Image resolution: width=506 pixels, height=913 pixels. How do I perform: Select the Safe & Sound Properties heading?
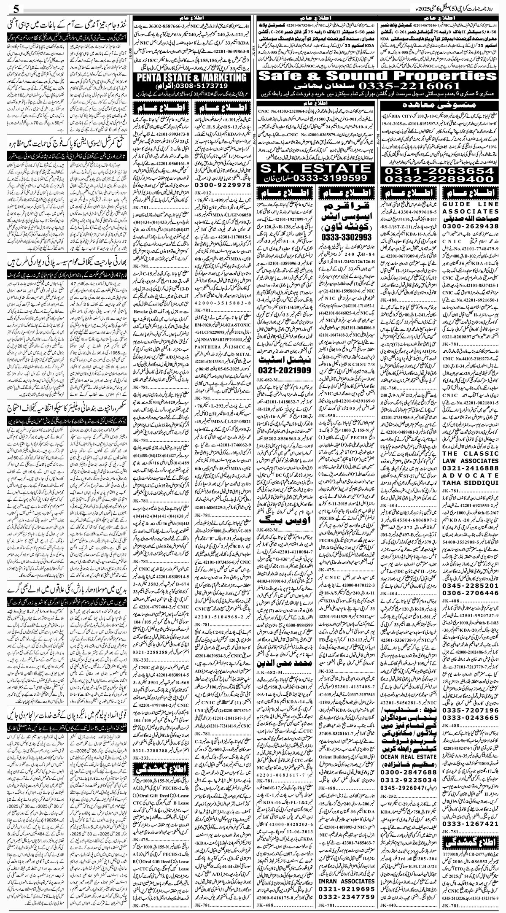pos(376,76)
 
